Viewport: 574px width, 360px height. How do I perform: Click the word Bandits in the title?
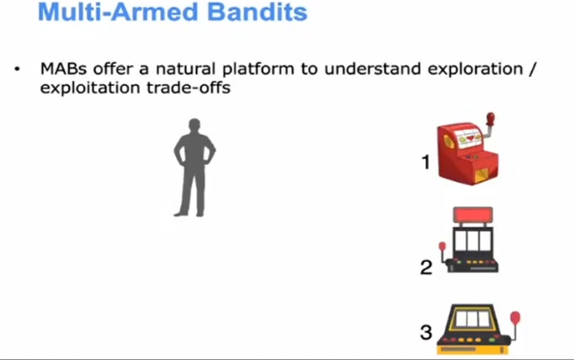pos(257,12)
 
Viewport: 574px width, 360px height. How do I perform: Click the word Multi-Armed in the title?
pos(119,12)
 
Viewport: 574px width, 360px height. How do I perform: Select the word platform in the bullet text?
pos(258,70)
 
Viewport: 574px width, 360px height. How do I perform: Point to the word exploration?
pos(475,70)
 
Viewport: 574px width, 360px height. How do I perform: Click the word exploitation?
pos(90,88)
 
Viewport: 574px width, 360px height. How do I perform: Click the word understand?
pos(373,69)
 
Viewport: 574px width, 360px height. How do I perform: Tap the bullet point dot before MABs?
pos(17,69)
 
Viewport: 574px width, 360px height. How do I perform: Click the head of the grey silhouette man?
pos(194,125)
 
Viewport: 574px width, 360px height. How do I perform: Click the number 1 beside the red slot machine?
pos(425,162)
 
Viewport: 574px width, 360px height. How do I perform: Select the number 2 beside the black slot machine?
pos(426,267)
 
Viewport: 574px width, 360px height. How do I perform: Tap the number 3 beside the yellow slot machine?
pos(426,333)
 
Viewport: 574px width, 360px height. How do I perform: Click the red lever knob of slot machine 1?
pos(490,119)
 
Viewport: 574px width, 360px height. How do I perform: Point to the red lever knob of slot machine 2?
pos(443,247)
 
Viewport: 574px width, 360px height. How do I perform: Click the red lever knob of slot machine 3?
pos(515,317)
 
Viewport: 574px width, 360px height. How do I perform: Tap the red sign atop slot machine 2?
pos(473,215)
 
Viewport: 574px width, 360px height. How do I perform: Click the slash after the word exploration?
pos(533,70)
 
